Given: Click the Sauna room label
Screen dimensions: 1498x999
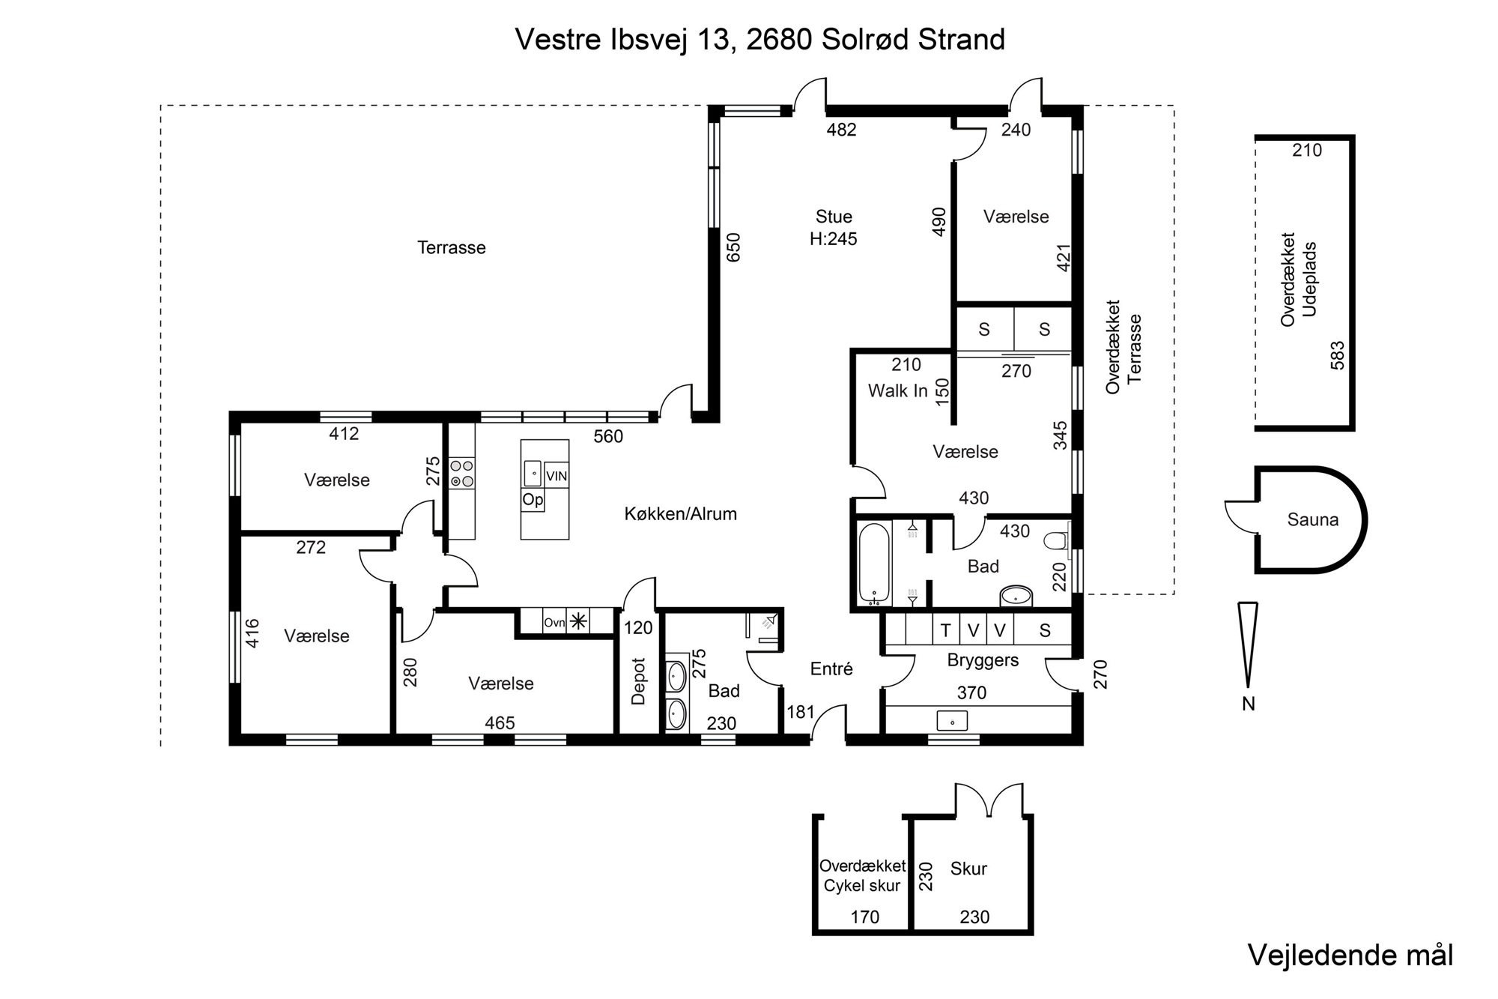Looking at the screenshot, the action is [x=1312, y=519].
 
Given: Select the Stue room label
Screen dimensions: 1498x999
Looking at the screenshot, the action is [x=834, y=217].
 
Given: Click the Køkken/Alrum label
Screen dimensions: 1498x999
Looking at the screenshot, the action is [x=680, y=513].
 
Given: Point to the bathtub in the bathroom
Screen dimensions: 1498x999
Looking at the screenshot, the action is [x=874, y=563].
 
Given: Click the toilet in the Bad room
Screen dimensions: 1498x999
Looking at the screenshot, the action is [x=1057, y=540].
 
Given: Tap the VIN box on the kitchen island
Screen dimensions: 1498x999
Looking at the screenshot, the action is [x=557, y=476].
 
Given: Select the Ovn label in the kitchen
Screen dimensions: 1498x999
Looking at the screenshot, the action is [x=554, y=622].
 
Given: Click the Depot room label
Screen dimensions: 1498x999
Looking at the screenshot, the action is [x=638, y=681].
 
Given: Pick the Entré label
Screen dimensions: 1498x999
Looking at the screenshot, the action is [x=831, y=668].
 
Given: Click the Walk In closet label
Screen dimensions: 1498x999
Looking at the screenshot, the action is [x=897, y=390].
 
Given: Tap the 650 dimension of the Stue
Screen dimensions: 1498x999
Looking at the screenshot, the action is [x=733, y=247].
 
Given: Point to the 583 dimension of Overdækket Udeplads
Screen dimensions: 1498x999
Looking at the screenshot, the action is [x=1338, y=355].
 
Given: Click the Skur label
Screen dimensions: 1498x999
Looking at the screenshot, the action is [x=968, y=869].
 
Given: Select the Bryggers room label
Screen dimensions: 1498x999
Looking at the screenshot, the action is [x=983, y=660].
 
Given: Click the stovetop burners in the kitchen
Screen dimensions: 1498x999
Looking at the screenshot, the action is [x=461, y=474].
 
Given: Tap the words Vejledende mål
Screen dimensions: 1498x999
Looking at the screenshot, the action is [x=1350, y=956].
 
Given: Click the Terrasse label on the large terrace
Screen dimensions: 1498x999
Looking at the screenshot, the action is [x=451, y=247].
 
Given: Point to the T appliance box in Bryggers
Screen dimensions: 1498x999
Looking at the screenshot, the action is [x=945, y=630].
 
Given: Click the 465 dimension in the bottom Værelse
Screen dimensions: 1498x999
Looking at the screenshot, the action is [x=500, y=722].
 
